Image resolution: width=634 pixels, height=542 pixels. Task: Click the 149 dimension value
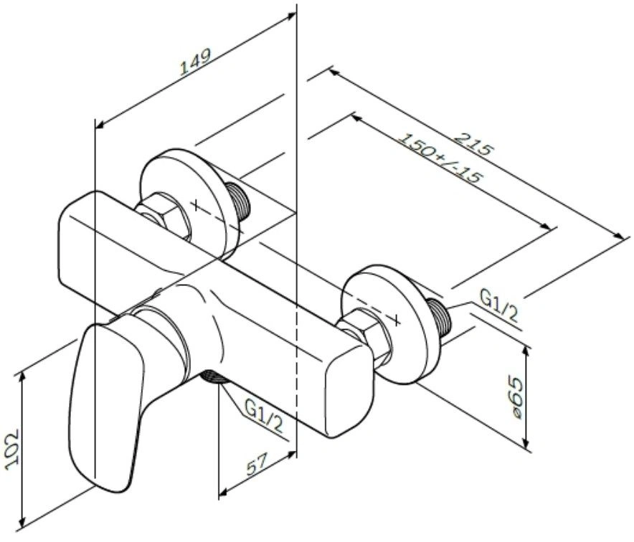[195, 62]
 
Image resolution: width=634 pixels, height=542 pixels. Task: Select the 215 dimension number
[473, 143]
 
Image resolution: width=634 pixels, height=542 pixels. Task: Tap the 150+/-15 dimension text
[440, 159]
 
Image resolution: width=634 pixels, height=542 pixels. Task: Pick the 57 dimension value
[257, 464]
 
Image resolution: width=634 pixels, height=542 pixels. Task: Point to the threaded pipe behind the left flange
[239, 199]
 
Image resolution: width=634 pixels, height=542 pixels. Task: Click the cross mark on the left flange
[196, 205]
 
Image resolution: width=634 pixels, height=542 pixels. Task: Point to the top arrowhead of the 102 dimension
[22, 376]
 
